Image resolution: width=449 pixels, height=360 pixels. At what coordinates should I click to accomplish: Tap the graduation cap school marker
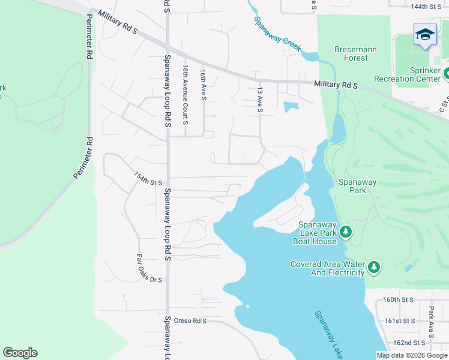[x=425, y=35]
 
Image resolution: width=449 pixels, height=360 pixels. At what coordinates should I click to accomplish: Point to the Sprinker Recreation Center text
[x=408, y=74]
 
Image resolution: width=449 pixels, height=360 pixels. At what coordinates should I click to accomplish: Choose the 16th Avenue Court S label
[x=185, y=95]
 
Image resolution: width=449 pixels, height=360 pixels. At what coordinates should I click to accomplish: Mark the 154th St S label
[x=148, y=179]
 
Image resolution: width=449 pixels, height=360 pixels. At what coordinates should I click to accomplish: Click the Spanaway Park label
[x=357, y=186]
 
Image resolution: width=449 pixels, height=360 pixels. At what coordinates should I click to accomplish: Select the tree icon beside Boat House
[x=346, y=232]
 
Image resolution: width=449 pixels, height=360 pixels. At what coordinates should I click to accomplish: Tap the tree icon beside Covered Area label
[x=375, y=267]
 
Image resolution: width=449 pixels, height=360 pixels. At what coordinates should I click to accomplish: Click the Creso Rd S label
[x=190, y=321]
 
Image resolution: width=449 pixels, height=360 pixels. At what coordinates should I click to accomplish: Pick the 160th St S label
[x=399, y=299]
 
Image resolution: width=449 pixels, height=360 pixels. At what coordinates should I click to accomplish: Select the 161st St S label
[x=400, y=321]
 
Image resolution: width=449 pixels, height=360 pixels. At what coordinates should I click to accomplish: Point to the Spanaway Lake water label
[x=329, y=335]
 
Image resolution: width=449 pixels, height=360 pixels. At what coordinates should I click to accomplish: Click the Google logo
[x=20, y=353]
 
